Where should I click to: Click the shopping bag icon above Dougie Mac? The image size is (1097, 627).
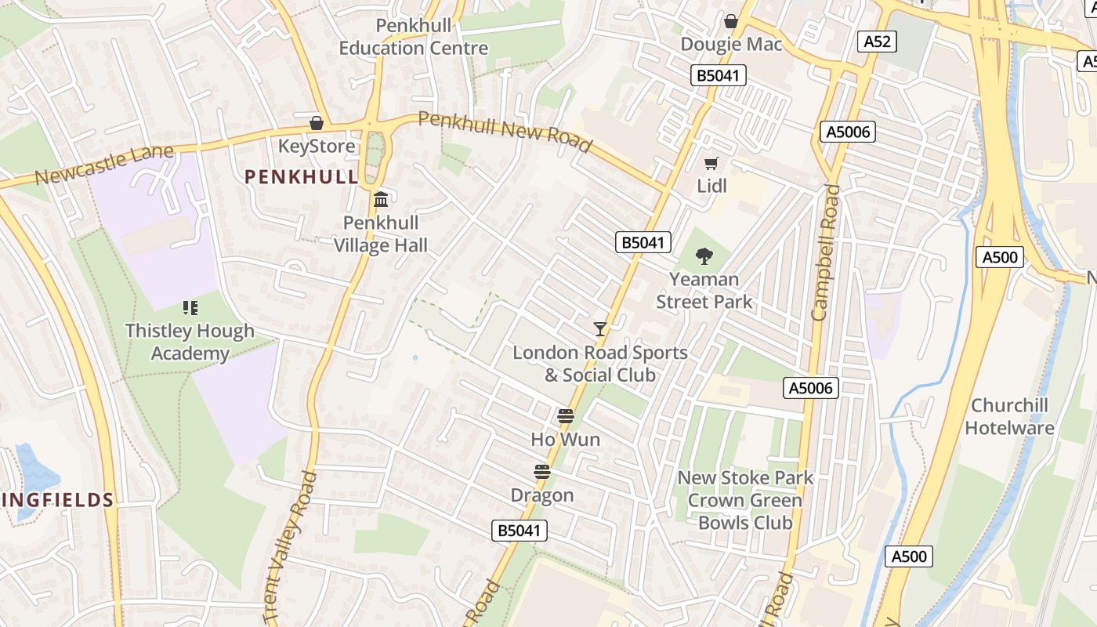(731, 21)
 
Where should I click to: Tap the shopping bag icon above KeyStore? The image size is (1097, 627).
(317, 123)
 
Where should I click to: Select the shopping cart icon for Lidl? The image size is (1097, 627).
(711, 163)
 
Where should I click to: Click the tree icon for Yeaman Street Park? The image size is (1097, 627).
(704, 256)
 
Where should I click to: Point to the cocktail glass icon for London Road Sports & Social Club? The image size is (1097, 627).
(600, 329)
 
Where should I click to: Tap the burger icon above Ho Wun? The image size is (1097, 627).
(565, 416)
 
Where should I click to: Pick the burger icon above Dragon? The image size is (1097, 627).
(541, 472)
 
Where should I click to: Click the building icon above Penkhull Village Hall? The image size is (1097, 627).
(382, 200)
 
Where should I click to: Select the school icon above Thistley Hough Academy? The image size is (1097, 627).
(190, 308)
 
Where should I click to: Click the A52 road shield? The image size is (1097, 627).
(876, 42)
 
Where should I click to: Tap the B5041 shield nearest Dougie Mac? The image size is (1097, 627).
(719, 75)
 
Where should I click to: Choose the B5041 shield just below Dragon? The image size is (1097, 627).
(520, 531)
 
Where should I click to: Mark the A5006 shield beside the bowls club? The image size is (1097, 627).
(811, 387)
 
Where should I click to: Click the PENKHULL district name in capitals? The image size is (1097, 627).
(302, 177)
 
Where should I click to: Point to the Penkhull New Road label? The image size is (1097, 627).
(505, 131)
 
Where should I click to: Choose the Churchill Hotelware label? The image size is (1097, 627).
(1020, 417)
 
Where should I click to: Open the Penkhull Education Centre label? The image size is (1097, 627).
(414, 37)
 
